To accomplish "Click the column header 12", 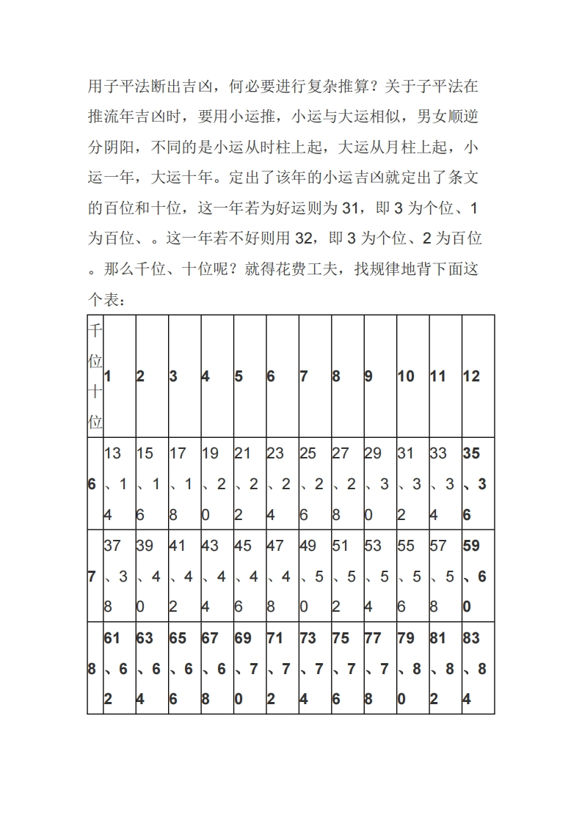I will point(471,376).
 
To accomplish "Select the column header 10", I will point(406,376).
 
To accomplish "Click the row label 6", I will point(92,484).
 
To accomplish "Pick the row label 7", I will point(92,577).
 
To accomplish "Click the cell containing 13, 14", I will point(119,484).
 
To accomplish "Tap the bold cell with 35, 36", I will point(478,484).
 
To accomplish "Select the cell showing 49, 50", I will point(315,577).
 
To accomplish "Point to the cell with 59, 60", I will point(478,577).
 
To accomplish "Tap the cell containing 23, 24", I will point(282,484).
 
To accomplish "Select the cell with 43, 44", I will point(217,577).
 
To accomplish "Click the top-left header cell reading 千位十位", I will point(95,376).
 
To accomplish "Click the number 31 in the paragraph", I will point(349,208).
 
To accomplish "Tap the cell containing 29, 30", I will point(380,484).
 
